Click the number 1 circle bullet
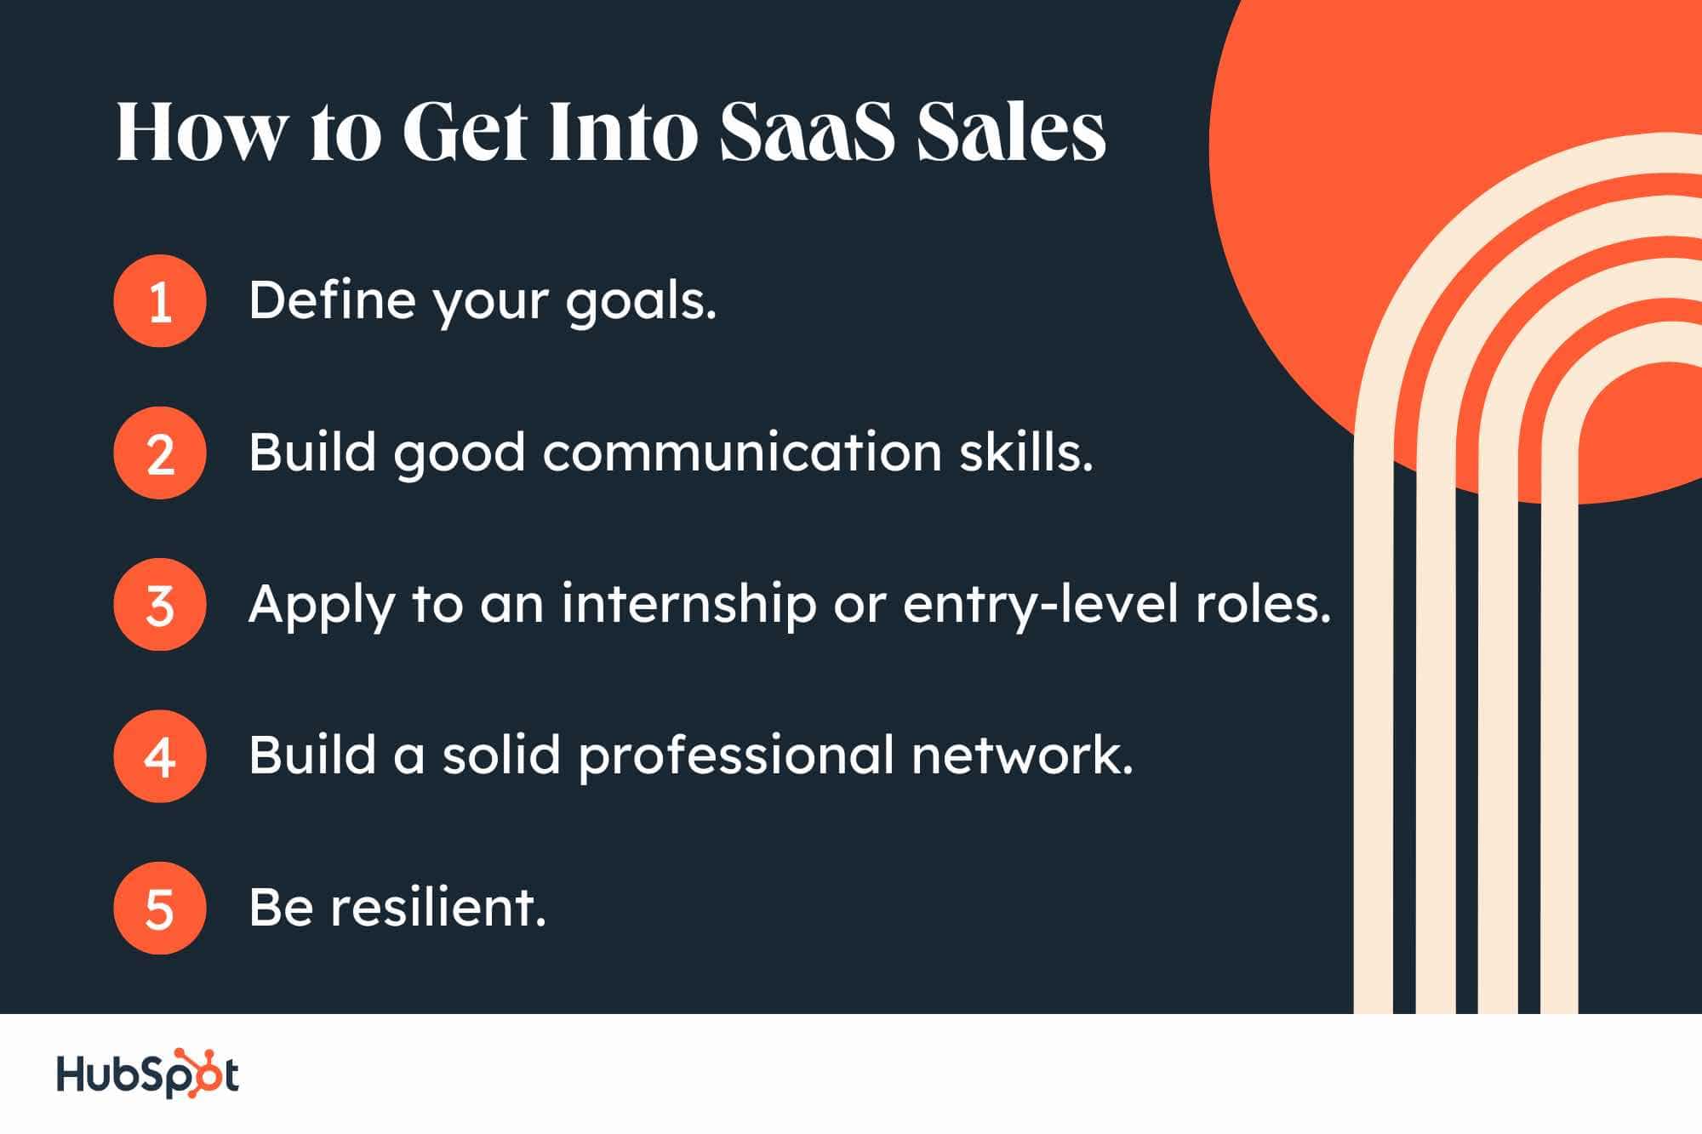pyautogui.click(x=160, y=301)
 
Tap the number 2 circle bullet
pyautogui.click(x=160, y=453)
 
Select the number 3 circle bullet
pyautogui.click(x=160, y=605)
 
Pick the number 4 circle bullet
pyautogui.click(x=160, y=756)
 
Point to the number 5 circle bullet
pyautogui.click(x=160, y=908)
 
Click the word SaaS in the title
pyautogui.click(x=807, y=133)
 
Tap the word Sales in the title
pyautogui.click(x=1012, y=132)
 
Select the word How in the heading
pyautogui.click(x=201, y=133)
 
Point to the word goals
pyautogui.click(x=642, y=304)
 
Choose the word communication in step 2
pyautogui.click(x=742, y=452)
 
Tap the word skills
pyautogui.click(x=1026, y=452)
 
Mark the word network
pyautogui.click(x=1022, y=755)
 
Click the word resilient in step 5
pyautogui.click(x=438, y=907)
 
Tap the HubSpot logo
pyautogui.click(x=148, y=1074)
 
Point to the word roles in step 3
pyautogui.click(x=1264, y=605)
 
